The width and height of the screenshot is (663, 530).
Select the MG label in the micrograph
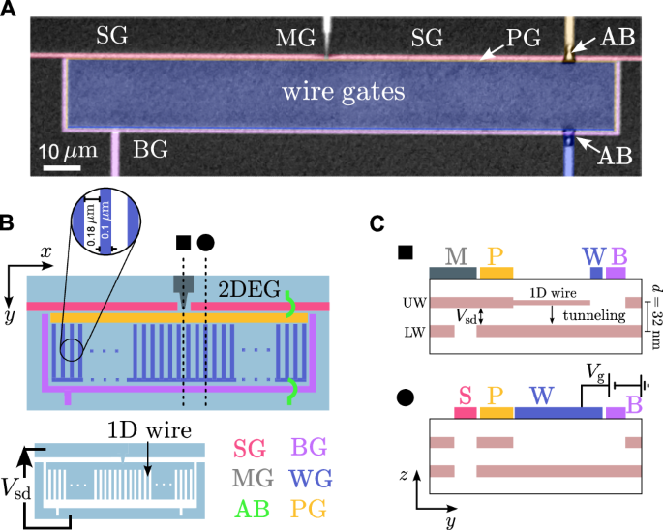tap(294, 39)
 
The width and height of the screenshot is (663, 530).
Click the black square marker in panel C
tap(407, 252)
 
